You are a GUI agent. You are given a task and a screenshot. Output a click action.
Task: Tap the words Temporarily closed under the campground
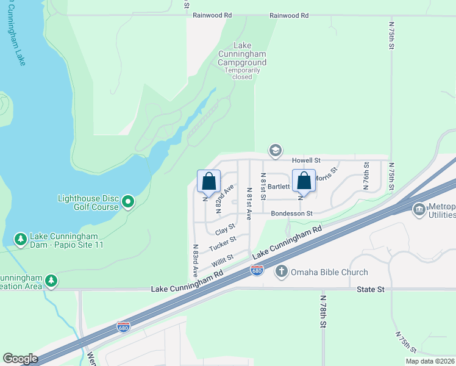(x=242, y=73)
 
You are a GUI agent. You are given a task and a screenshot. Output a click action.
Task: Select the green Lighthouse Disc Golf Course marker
(x=128, y=201)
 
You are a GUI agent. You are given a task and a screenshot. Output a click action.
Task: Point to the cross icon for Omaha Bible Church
(x=282, y=271)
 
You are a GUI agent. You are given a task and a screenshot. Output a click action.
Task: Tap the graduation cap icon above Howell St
(x=276, y=150)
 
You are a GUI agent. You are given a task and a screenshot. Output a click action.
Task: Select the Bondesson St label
(x=291, y=213)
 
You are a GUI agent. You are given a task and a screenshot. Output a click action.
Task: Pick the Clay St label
(x=225, y=230)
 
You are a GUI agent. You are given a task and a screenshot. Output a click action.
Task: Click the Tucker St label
(x=222, y=244)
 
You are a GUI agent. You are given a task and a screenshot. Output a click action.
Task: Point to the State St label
(x=371, y=290)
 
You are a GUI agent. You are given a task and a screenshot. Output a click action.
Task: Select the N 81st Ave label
(x=249, y=203)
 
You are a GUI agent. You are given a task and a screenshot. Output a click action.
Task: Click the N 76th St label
(x=366, y=176)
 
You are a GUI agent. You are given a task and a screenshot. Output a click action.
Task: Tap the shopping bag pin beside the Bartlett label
(x=304, y=181)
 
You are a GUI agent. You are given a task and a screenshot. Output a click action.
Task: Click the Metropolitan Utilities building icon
(x=419, y=210)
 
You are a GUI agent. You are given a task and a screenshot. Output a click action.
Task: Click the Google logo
(x=20, y=359)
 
